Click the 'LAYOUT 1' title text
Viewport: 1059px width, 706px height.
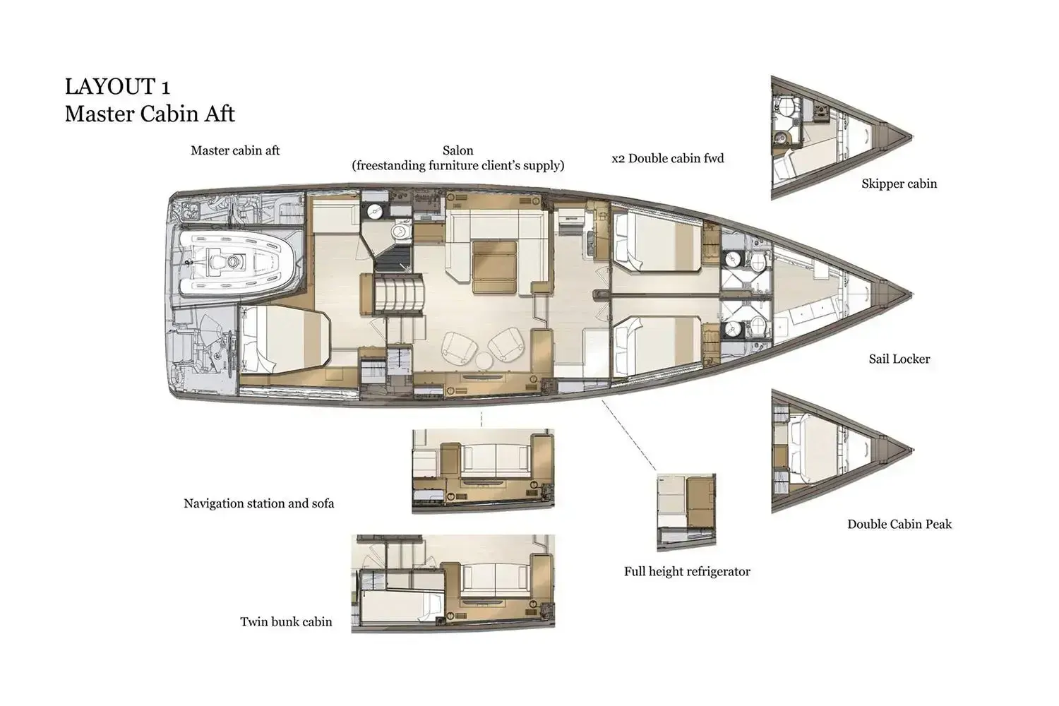click(117, 87)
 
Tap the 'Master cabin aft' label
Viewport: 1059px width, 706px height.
click(235, 150)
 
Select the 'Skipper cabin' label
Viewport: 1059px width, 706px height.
click(899, 184)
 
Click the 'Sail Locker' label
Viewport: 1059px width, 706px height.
click(899, 359)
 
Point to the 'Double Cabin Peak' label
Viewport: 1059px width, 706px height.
click(899, 525)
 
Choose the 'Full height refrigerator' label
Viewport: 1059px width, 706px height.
click(686, 572)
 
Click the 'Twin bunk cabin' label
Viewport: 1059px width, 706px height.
click(286, 622)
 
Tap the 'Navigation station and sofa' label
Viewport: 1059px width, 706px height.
click(258, 504)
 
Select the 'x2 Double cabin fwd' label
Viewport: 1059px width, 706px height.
click(667, 159)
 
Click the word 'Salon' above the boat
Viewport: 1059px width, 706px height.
click(457, 150)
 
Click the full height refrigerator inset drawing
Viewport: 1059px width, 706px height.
click(686, 511)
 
